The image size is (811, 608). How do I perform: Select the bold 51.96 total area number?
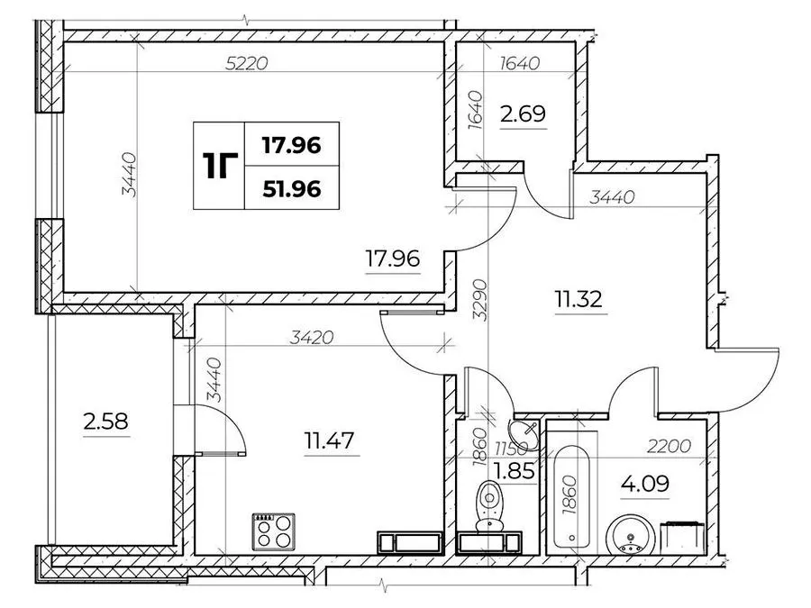tap(292, 189)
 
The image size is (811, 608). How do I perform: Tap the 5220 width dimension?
tap(247, 64)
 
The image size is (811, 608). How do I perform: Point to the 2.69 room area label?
tap(523, 113)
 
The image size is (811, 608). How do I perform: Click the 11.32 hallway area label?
tap(579, 299)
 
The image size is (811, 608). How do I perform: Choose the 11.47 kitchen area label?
tap(330, 441)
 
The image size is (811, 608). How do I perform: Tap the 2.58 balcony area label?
tap(105, 421)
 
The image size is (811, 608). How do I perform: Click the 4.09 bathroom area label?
tap(645, 484)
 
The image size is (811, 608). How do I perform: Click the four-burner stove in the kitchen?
tap(274, 531)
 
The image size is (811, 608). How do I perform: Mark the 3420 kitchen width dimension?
tap(312, 338)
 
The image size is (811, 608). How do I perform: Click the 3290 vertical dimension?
tap(480, 300)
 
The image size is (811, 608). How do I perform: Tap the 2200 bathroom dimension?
tap(670, 445)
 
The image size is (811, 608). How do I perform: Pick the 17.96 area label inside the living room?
tap(393, 258)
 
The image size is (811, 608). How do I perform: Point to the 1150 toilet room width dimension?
tap(511, 447)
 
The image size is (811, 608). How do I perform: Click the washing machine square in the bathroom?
tap(683, 538)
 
